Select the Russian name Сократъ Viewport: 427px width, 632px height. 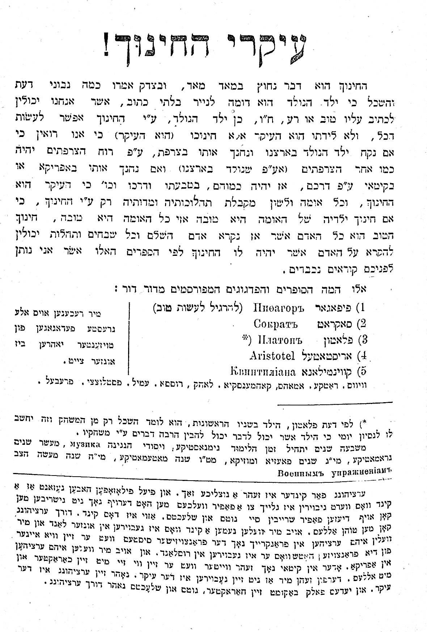276,323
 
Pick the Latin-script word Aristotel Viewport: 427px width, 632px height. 272,356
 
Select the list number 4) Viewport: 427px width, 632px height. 361,356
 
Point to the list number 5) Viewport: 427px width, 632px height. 361,371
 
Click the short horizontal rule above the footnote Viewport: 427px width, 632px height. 335,402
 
